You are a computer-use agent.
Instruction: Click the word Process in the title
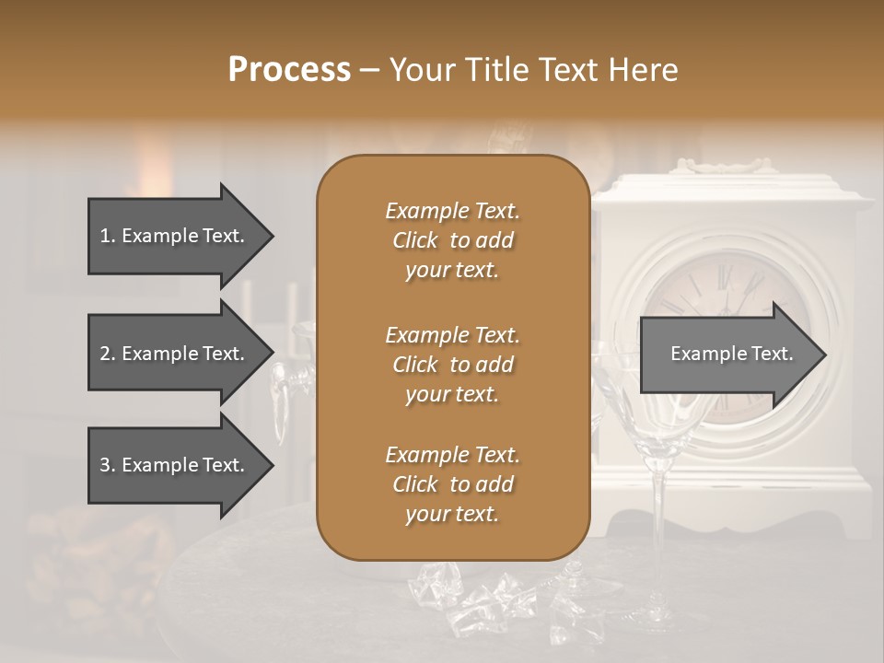point(289,70)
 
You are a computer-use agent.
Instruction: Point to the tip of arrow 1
point(272,236)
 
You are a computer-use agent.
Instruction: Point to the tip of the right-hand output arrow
point(824,354)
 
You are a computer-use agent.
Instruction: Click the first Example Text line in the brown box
point(452,211)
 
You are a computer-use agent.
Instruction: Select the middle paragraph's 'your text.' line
point(452,394)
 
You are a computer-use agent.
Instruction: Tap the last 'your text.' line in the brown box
point(452,515)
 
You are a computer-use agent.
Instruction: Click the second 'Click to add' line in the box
point(452,365)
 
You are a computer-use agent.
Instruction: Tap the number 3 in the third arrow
point(105,465)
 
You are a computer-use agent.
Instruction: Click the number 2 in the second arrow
point(105,354)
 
